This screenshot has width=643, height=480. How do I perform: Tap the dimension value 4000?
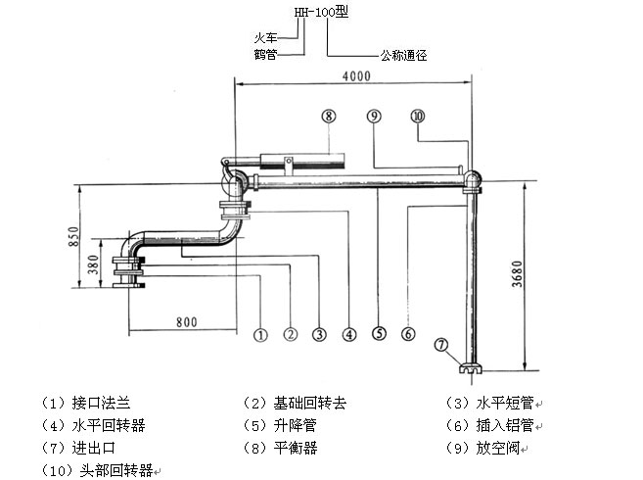point(356,75)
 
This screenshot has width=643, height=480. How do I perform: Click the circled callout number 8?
point(329,116)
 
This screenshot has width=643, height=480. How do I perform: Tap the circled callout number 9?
point(374,116)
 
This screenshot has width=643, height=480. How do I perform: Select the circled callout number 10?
point(418,116)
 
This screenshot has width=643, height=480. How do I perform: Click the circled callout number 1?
point(260,335)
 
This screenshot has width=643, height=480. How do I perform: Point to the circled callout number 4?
point(347,335)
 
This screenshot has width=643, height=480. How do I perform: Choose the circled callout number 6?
point(407,335)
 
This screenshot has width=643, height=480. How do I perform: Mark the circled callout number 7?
point(442,345)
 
